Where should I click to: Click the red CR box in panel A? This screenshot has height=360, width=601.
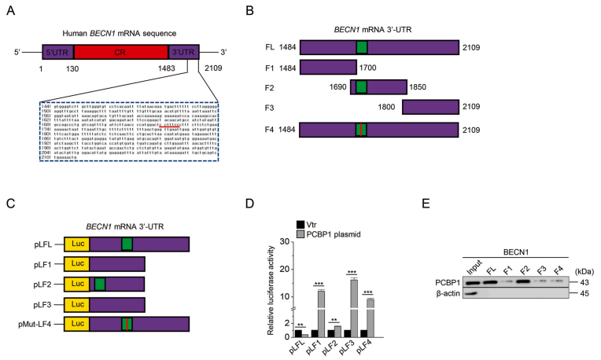[x=123, y=53]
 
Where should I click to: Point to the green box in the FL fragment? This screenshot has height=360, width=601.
[x=361, y=46]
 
